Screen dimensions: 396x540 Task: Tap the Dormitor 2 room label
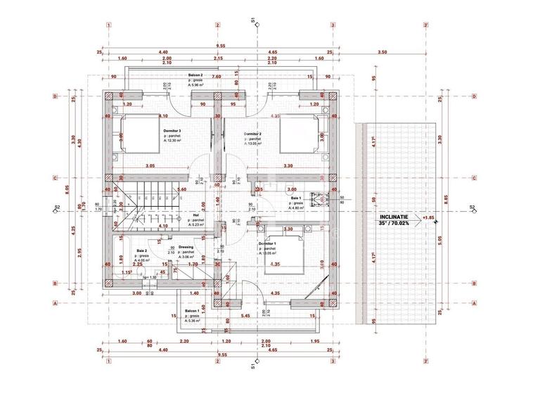tap(253, 134)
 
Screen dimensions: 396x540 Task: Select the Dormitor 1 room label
tap(267, 243)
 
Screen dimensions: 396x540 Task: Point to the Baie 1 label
tap(296, 199)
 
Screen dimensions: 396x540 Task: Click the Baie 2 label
tap(142, 250)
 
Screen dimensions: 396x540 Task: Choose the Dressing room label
tap(186, 248)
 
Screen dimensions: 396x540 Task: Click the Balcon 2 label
tap(195, 75)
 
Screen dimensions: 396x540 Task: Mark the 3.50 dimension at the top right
tap(382, 53)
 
